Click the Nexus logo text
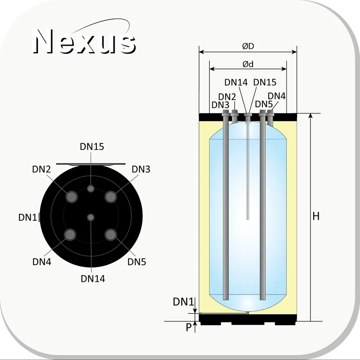tap(84, 41)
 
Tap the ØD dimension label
tap(248, 46)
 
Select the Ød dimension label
tap(248, 64)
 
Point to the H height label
tap(316, 216)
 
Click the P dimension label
tap(189, 327)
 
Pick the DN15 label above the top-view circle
tap(92, 146)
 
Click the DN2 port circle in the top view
tap(71, 196)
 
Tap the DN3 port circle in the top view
tap(110, 196)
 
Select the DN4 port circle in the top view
tap(70, 235)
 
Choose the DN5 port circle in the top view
tap(110, 235)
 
